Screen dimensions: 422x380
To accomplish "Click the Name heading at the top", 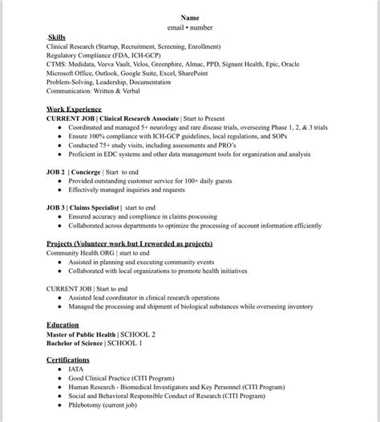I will [x=190, y=17].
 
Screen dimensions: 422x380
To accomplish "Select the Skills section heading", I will [x=57, y=37].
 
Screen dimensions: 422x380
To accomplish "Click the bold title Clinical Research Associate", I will [x=139, y=118].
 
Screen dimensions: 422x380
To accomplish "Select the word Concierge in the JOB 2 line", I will [x=87, y=172].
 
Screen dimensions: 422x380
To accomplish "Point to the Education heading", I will [x=63, y=324].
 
